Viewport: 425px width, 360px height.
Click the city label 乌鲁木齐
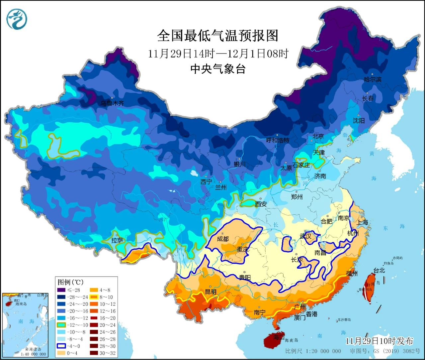point(112,103)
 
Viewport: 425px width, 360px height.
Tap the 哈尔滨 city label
point(373,79)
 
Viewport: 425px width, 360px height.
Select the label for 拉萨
point(117,240)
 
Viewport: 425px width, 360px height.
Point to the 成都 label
point(223,239)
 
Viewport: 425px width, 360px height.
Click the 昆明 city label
point(211,292)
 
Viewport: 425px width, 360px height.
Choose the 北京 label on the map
point(318,136)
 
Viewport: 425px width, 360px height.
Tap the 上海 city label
point(362,222)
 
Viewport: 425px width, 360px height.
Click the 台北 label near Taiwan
point(379,271)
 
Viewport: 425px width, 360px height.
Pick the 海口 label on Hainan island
point(277,337)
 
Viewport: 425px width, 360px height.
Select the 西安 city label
point(261,204)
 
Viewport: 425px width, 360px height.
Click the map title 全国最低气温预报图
point(217,36)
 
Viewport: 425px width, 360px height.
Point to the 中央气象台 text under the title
point(217,69)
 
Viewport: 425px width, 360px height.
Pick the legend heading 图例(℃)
point(70,282)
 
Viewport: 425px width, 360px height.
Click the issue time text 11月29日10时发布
point(379,341)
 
